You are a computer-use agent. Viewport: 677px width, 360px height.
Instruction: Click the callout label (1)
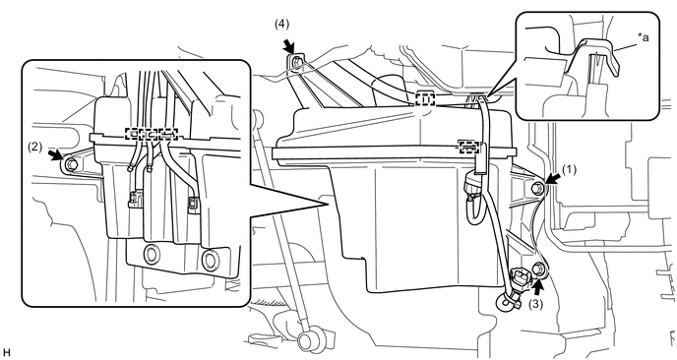[x=569, y=169]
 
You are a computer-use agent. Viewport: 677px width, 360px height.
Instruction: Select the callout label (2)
[x=35, y=147]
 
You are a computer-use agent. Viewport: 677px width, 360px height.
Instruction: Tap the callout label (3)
[x=536, y=304]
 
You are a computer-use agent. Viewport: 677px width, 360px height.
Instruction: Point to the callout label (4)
[x=281, y=25]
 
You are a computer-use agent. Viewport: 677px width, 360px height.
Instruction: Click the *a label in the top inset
[x=644, y=37]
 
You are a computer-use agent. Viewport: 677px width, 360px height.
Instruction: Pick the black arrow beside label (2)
[x=55, y=155]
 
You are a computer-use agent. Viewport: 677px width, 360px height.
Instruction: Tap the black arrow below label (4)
[x=289, y=46]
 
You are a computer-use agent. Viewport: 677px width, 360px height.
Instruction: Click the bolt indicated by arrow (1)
[x=537, y=187]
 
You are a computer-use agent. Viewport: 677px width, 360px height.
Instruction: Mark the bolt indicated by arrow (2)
[x=72, y=164]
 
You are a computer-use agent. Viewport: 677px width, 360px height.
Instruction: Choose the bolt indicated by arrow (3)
[x=538, y=269]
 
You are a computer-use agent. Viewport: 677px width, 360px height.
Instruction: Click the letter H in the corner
[x=6, y=353]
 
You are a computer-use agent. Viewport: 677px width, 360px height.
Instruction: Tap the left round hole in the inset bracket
[x=152, y=253]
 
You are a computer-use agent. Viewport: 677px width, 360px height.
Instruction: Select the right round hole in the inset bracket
[x=211, y=259]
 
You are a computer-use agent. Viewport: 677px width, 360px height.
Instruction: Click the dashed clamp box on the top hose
[x=425, y=98]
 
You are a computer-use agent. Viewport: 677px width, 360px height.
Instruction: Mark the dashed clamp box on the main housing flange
[x=468, y=147]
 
